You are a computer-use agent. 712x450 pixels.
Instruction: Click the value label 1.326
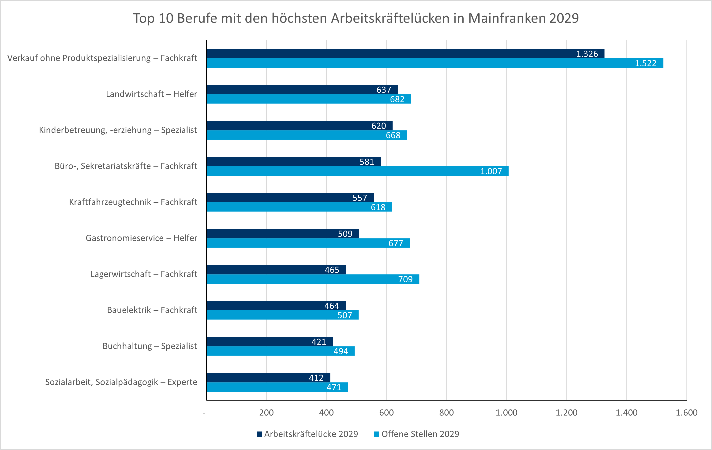tap(587, 54)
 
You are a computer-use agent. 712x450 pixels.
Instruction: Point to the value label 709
tap(405, 279)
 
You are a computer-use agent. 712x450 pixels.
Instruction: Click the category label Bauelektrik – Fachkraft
tap(152, 310)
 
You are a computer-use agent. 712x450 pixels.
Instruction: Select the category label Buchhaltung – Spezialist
tap(150, 346)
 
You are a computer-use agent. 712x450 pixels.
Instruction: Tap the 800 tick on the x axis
tap(446, 413)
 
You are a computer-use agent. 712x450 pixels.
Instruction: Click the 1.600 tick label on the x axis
tap(686, 413)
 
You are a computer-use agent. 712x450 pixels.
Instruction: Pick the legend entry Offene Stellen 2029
tap(420, 434)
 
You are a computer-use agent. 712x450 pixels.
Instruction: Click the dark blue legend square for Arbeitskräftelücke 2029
tap(259, 434)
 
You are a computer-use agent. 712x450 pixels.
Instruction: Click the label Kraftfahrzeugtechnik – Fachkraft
tap(133, 202)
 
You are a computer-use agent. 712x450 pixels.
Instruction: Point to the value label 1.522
tap(645, 63)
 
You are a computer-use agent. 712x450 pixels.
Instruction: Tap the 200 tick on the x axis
tap(266, 413)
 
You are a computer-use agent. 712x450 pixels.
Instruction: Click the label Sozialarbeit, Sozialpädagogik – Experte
tap(121, 382)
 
